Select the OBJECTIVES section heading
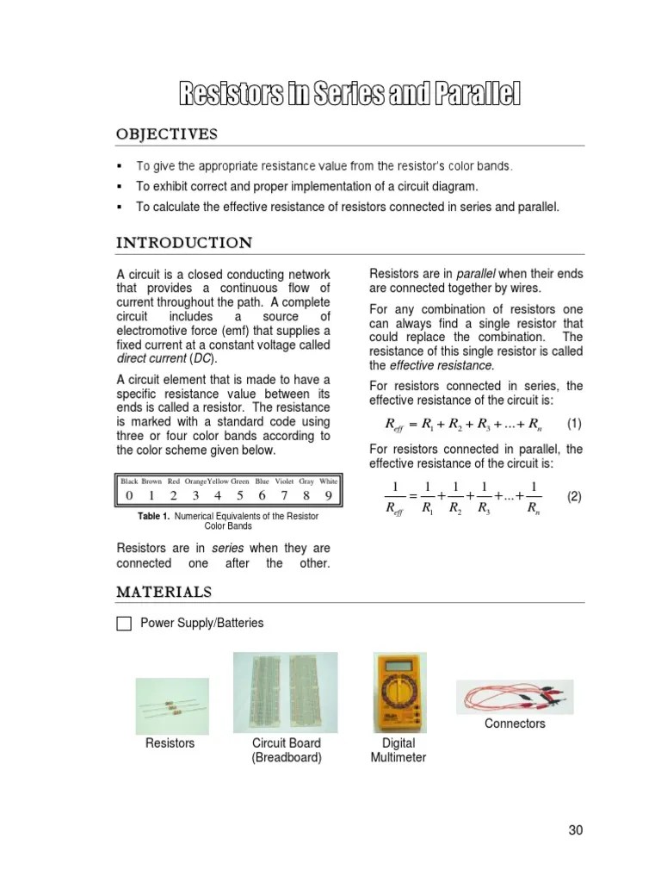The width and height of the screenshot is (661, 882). (167, 134)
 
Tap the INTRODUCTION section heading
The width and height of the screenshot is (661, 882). (184, 243)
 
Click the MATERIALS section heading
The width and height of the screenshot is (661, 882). (164, 592)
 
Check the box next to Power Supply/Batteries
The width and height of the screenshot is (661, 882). (124, 624)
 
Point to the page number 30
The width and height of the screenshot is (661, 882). (576, 830)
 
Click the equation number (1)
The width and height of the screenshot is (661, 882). (574, 424)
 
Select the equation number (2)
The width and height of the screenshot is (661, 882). (574, 498)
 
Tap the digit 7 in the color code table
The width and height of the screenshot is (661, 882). (284, 495)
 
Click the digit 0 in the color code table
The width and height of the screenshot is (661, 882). (129, 495)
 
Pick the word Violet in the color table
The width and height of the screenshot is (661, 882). (283, 481)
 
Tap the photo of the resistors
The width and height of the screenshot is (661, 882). (171, 705)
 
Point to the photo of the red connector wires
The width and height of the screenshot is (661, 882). (515, 696)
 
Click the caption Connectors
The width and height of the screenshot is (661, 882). (515, 724)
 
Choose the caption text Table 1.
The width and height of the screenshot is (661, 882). (154, 516)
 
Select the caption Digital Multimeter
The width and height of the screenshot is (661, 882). (398, 750)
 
